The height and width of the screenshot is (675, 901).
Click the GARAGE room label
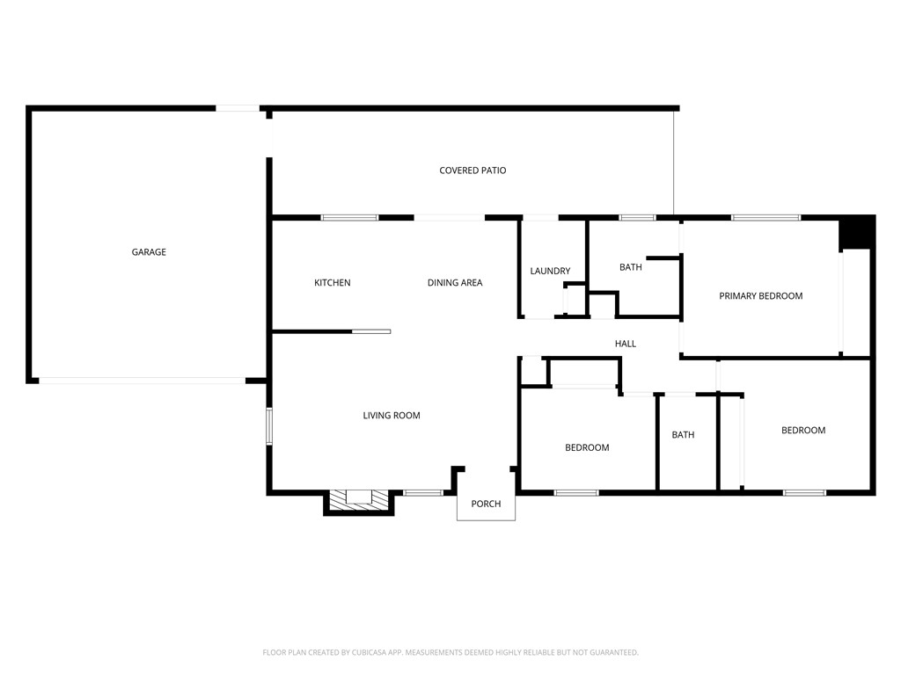point(149,252)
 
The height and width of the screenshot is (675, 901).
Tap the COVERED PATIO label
point(472,171)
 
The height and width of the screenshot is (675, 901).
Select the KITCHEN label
point(332,282)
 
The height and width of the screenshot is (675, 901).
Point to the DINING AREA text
point(455,282)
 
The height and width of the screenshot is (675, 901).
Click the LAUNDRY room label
point(550,271)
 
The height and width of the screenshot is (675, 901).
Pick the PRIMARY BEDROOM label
point(761,296)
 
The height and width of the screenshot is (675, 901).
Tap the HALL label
point(626,344)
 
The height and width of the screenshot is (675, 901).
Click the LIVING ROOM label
point(392,416)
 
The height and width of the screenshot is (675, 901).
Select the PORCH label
point(486,504)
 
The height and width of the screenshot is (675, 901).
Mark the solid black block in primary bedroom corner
point(856,233)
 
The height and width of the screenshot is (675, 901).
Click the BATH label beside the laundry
point(630,267)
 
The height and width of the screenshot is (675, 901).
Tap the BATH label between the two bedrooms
point(683,435)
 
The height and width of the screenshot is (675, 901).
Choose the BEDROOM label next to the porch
point(587,447)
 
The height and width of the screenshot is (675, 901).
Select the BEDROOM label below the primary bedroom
point(803,431)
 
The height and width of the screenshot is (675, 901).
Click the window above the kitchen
point(349,218)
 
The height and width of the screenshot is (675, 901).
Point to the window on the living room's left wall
point(269,426)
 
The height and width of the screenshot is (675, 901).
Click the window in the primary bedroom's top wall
point(766,218)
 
